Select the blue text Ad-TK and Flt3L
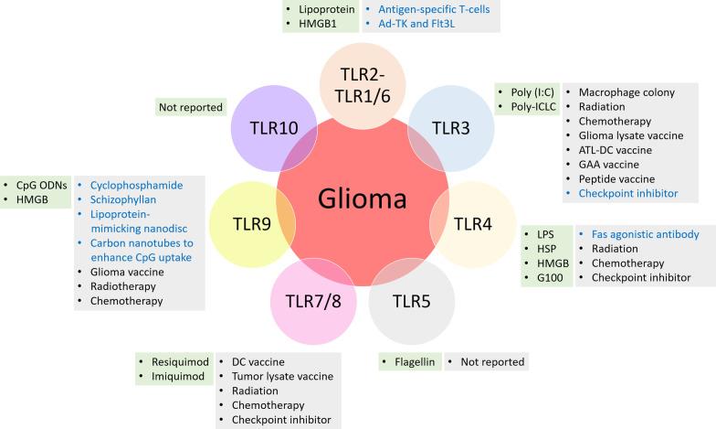(x=422, y=24)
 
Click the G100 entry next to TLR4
(x=551, y=277)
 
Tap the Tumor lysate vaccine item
(x=282, y=377)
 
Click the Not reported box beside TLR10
(x=190, y=107)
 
